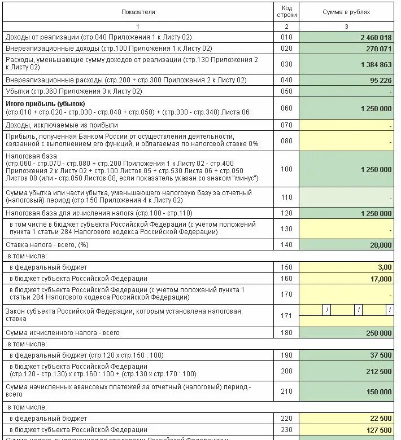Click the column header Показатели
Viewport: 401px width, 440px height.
tap(138, 12)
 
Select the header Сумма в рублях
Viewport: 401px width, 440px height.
tap(346, 12)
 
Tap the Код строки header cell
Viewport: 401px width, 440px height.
tap(286, 12)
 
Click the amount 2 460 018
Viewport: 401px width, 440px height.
tap(376, 37)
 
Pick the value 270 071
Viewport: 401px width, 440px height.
tap(378, 49)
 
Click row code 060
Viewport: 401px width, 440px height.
tap(286, 108)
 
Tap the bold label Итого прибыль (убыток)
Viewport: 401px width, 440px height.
tap(45, 104)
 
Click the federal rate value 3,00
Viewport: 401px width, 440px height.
tap(384, 267)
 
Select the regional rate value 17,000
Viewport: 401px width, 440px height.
tap(381, 279)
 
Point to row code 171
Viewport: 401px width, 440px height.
tap(286, 315)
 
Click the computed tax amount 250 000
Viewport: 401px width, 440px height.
tap(378, 333)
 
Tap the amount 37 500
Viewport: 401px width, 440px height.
tap(381, 355)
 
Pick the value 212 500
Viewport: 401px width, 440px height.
tap(378, 371)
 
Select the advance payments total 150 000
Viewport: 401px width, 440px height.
tap(378, 391)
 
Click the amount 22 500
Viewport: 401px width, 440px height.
tap(381, 419)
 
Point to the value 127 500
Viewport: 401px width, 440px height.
tap(378, 430)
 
